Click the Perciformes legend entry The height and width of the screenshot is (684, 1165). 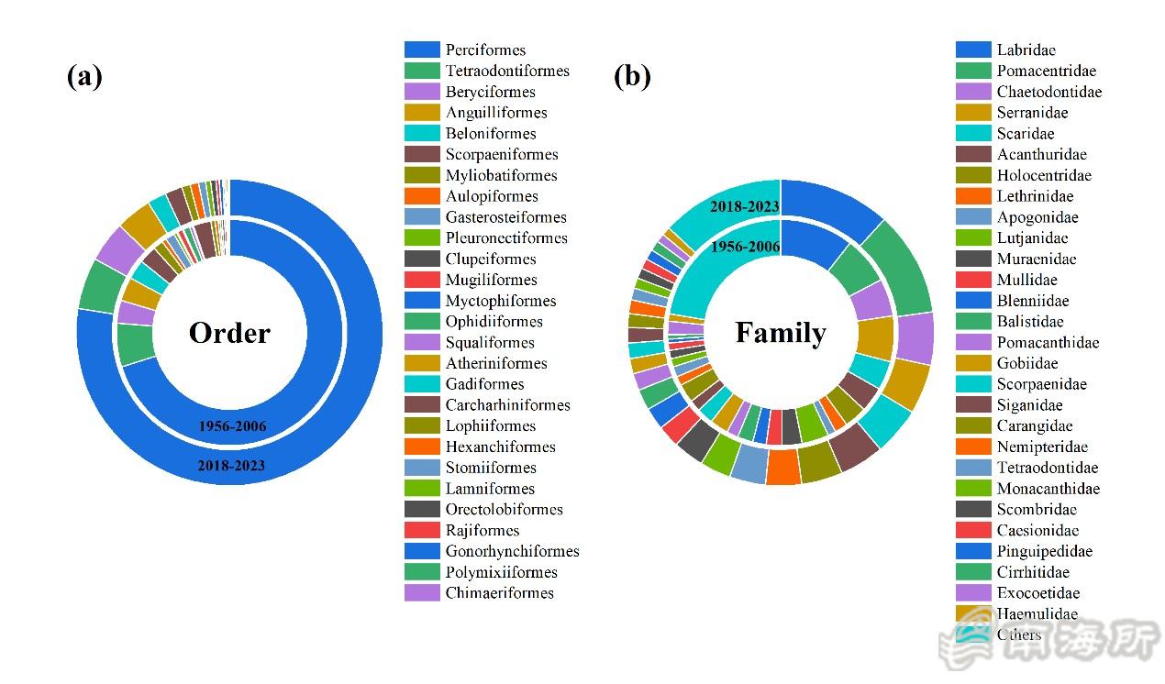click(485, 50)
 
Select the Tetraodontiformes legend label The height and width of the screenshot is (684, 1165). click(507, 71)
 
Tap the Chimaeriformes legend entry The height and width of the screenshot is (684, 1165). click(500, 592)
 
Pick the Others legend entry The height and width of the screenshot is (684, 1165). click(1018, 634)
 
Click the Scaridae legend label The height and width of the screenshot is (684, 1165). click(1026, 133)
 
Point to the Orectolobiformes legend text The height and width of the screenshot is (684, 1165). click(504, 509)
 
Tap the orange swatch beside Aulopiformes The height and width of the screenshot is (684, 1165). click(422, 196)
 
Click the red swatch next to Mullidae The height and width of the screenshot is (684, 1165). click(973, 280)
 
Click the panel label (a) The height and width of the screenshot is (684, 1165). click(84, 77)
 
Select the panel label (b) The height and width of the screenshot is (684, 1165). click(632, 77)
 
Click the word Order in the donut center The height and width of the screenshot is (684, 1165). click(229, 333)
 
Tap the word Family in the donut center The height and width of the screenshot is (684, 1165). click(781, 333)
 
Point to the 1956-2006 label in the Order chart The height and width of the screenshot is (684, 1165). click(231, 426)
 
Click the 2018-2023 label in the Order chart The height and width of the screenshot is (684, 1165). click(231, 466)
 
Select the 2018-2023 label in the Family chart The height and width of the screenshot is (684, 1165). click(744, 206)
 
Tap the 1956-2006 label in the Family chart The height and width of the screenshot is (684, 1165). click(744, 247)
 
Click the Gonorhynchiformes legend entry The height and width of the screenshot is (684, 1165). click(512, 551)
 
